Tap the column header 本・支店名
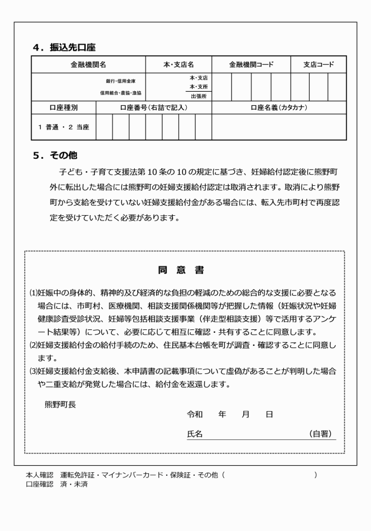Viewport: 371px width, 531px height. click(x=178, y=65)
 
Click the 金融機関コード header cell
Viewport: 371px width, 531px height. click(x=251, y=65)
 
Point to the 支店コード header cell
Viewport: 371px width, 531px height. click(x=319, y=65)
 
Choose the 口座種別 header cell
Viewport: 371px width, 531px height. click(x=63, y=108)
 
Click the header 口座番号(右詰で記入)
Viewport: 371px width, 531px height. click(x=154, y=108)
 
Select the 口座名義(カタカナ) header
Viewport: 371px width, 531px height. click(x=279, y=108)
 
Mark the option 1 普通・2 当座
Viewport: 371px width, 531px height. click(x=63, y=127)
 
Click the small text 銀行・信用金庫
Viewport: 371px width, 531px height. click(x=120, y=81)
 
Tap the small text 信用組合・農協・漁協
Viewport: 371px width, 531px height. click(x=120, y=93)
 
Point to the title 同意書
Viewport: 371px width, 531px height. click(x=181, y=270)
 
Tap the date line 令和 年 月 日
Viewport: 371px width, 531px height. click(x=230, y=415)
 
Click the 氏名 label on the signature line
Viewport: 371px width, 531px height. click(x=195, y=434)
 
